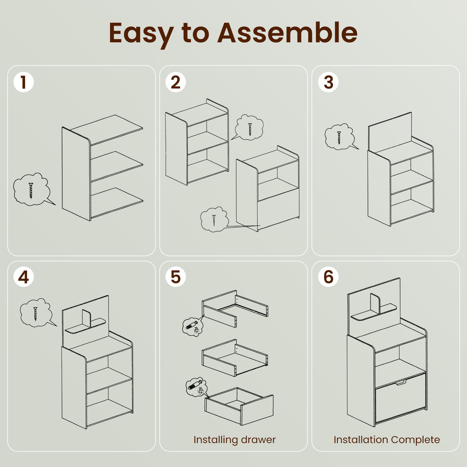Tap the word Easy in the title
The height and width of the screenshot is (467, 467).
pyautogui.click(x=141, y=35)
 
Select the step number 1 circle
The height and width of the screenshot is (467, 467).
pyautogui.click(x=24, y=82)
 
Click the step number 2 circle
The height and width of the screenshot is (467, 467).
pyautogui.click(x=176, y=82)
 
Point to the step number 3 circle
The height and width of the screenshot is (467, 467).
pyautogui.click(x=328, y=82)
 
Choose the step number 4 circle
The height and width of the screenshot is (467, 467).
pyautogui.click(x=24, y=277)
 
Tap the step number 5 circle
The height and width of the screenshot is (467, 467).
pyautogui.click(x=176, y=277)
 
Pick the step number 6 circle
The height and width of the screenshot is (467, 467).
pyautogui.click(x=328, y=277)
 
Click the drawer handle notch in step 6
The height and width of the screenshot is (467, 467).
pyautogui.click(x=400, y=382)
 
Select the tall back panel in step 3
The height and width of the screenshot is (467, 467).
pyautogui.click(x=390, y=132)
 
